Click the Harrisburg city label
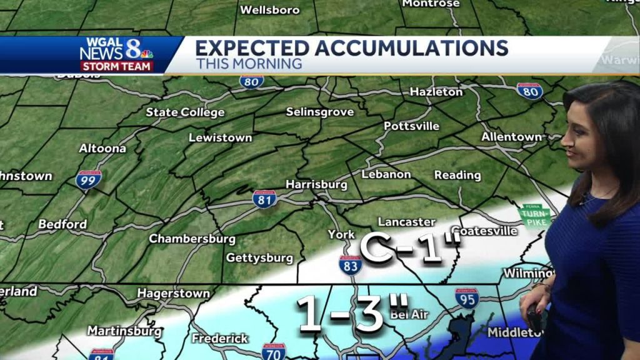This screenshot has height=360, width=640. [x=316, y=184]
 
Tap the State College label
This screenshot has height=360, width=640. [x=185, y=112]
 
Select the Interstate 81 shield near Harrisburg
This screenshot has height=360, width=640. [x=264, y=199]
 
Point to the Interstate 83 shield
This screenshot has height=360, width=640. [x=351, y=264]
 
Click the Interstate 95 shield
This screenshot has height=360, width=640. [x=466, y=298]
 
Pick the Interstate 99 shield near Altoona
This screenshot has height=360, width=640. [x=89, y=180]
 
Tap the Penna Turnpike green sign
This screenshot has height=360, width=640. [x=535, y=214]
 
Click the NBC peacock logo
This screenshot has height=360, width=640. [x=147, y=54]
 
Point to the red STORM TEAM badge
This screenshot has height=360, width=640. [x=117, y=66]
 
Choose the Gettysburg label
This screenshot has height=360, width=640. [x=259, y=257]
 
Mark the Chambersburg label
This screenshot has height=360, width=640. [x=192, y=239]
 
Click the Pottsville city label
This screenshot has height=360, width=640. [x=411, y=126]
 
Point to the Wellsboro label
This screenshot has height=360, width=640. [x=270, y=10]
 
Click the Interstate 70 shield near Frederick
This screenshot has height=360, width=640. [x=273, y=351]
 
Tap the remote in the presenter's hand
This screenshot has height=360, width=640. [x=534, y=317]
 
